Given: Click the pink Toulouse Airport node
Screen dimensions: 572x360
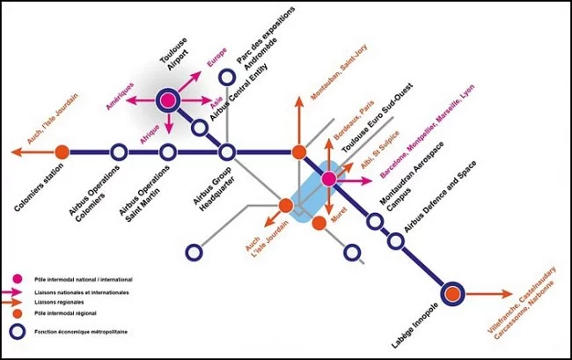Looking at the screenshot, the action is tap(168, 100).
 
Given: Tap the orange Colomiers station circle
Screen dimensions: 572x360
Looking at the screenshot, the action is tap(62, 152).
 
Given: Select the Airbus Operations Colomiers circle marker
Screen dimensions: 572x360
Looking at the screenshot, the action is tap(119, 152).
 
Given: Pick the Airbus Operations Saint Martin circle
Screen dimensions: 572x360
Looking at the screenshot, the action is tap(168, 152).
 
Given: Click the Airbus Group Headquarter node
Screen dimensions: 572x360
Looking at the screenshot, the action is tap(227, 152).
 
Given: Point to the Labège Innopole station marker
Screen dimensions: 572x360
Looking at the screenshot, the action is tap(452, 294).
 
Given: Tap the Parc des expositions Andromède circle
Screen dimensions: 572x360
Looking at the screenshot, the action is tap(227, 77).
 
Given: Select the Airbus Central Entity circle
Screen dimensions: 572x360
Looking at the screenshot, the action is tap(200, 128).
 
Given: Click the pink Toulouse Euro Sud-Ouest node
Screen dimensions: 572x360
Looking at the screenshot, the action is tap(329, 179).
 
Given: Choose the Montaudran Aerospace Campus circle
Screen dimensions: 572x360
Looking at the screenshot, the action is tap(375, 221).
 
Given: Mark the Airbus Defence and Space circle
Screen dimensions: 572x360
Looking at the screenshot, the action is tap(396, 240).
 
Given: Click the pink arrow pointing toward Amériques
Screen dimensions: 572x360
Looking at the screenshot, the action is tap(141, 100).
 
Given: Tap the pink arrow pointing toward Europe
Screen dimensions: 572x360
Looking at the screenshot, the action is tap(190, 81).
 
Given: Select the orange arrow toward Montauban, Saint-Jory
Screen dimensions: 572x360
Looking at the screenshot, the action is tap(299, 121).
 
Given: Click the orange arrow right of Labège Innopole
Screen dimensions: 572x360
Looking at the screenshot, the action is tap(489, 294).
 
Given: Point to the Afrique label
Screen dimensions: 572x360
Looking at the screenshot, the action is tap(150, 134).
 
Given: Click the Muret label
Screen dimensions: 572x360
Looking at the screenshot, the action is tap(339, 215).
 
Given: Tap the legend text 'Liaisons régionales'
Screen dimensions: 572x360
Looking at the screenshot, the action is tap(59, 302).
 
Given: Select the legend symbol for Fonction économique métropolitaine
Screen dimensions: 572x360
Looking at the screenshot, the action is tap(17, 332).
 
